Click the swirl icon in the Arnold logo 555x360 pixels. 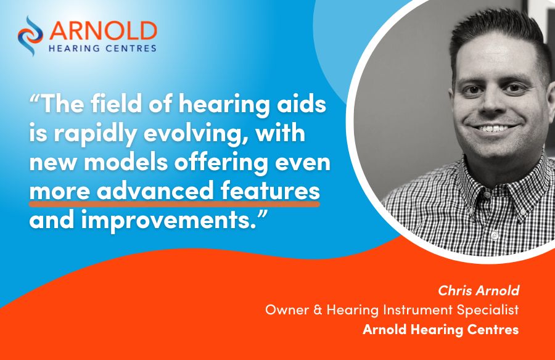point(30,35)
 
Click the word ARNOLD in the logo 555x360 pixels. point(103,31)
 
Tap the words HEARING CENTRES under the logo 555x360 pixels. point(102,48)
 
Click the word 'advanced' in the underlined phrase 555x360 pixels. point(155,190)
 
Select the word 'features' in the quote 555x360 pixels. point(271,190)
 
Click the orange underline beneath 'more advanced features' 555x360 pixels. point(175,203)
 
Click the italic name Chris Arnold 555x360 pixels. point(479,290)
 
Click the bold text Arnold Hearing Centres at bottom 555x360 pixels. point(441,330)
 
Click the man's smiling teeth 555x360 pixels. point(493,129)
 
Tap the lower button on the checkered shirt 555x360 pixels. point(493,235)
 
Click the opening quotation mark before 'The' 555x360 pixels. point(35,99)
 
